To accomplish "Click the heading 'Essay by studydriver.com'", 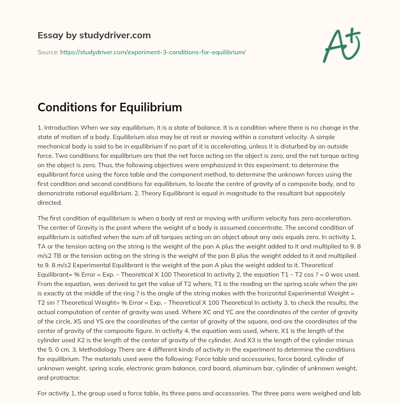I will point(94,35).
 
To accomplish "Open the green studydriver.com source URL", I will point(152,52).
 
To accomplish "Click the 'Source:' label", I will point(48,52).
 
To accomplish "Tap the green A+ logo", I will point(341,45).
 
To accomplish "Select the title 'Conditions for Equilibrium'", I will point(110,107).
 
